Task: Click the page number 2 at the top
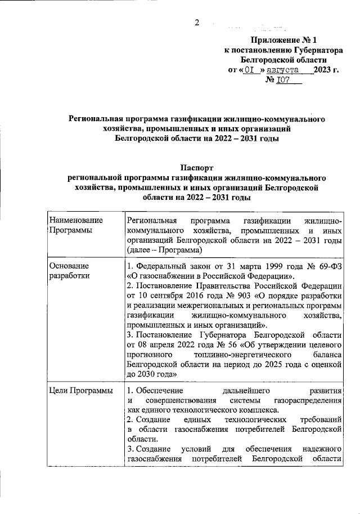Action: [x=197, y=23]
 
